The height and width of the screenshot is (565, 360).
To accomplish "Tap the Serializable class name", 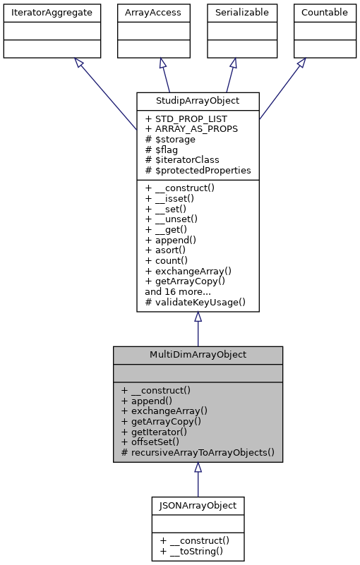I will pos(233,13).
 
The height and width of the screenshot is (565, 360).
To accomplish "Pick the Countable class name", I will pos(324,13).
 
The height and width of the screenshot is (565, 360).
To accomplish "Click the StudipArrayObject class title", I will pos(198,101).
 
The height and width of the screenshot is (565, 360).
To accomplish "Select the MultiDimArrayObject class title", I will pos(198,354).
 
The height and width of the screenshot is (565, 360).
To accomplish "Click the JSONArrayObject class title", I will pos(198,505).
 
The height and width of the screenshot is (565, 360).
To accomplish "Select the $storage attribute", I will pos(172,140).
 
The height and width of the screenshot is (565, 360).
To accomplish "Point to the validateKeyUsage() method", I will pos(196,302).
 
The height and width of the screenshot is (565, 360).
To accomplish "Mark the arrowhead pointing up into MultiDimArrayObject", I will pos(198,468).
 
